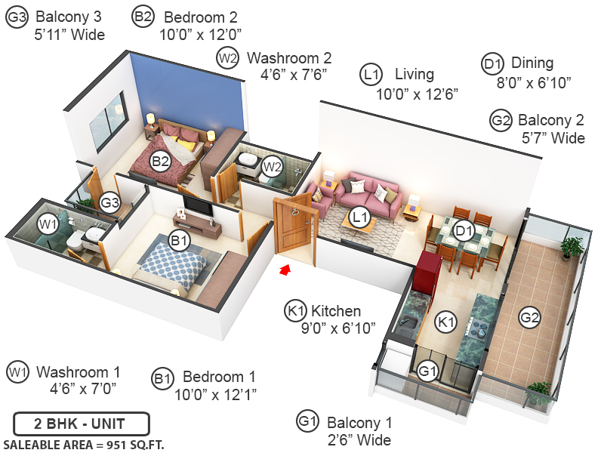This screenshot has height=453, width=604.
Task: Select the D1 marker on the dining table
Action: point(464,231)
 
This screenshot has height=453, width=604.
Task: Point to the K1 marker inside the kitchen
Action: point(447,322)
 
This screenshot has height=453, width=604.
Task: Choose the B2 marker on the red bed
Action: point(160,160)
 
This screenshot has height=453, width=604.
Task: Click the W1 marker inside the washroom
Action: point(49,224)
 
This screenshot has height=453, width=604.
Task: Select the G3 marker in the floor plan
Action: point(110,202)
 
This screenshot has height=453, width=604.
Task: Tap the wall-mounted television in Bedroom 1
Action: point(196,204)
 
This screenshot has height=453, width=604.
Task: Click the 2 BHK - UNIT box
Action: point(82,424)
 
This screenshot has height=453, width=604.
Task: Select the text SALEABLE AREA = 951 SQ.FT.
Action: point(84,444)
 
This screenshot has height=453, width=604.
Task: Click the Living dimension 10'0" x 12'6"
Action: point(418,94)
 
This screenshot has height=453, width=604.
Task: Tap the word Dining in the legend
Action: point(532,63)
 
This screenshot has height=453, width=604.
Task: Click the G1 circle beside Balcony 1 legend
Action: point(307,421)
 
